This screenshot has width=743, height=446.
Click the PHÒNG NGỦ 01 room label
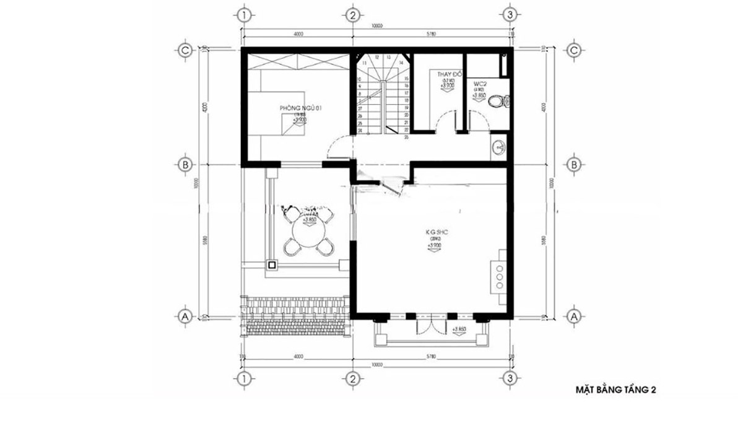click(x=301, y=108)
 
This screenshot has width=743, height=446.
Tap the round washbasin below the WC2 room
click(x=499, y=147)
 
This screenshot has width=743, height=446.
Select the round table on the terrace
click(x=308, y=234)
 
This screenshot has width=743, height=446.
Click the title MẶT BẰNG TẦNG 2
click(x=615, y=390)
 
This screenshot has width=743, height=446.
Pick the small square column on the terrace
click(x=272, y=265)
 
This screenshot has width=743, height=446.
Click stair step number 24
click(x=360, y=130)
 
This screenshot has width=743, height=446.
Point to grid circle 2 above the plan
click(x=352, y=14)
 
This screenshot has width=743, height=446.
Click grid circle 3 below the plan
click(x=509, y=378)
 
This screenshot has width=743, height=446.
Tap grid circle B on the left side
click(x=184, y=165)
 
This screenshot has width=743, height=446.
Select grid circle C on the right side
click(x=574, y=50)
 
